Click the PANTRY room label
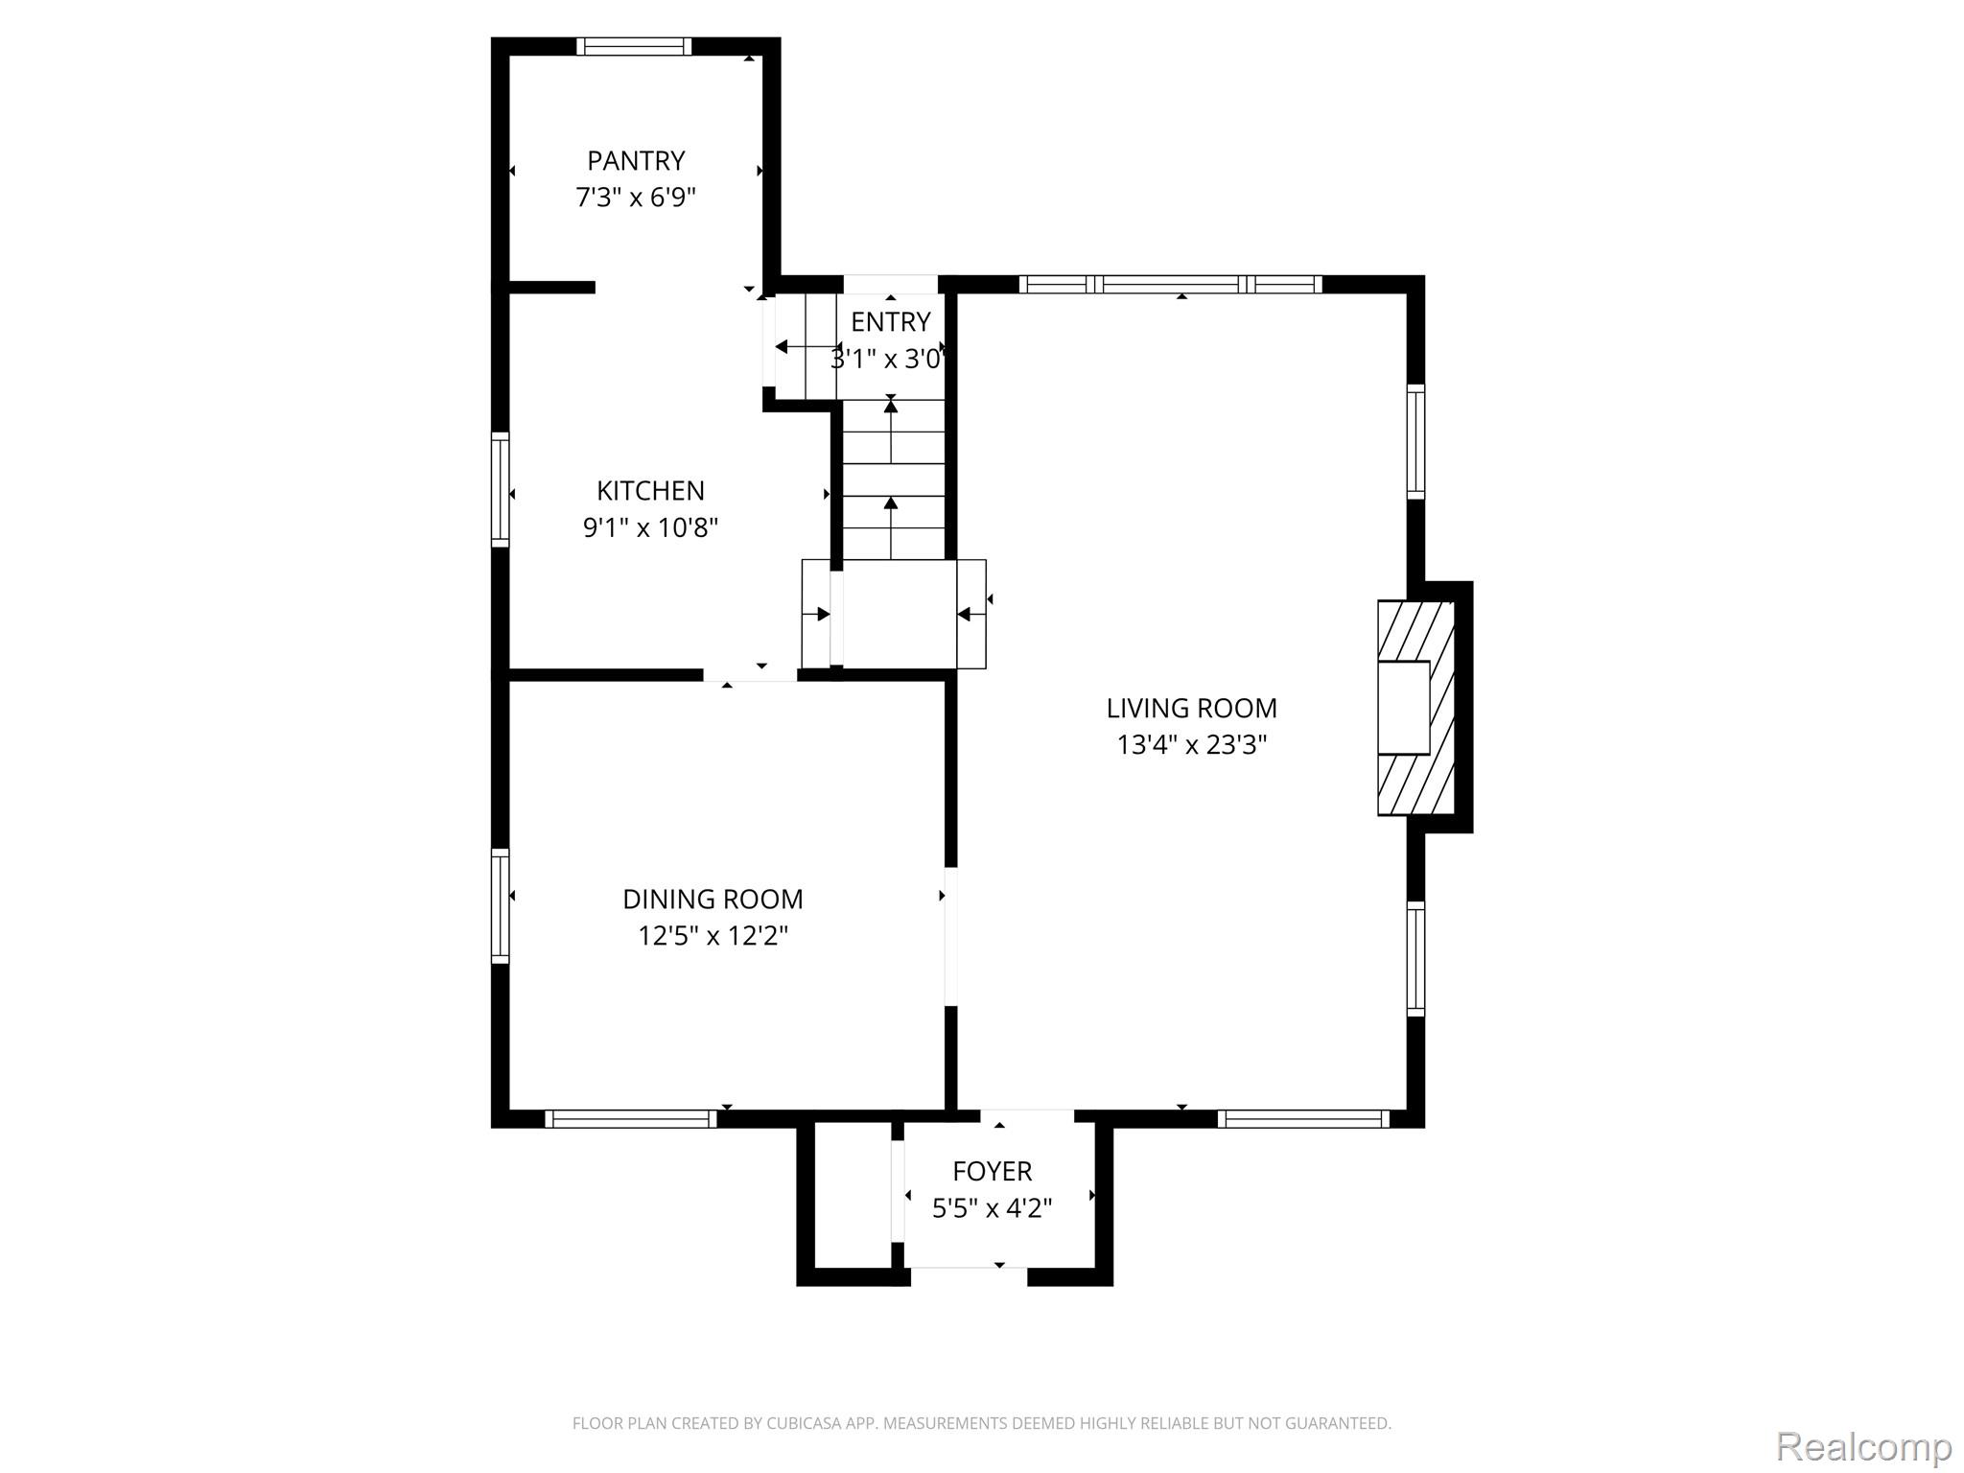click(x=636, y=160)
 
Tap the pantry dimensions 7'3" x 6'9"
click(x=636, y=198)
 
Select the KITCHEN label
click(x=650, y=491)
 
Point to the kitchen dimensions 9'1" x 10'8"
click(x=650, y=527)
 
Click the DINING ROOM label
click(x=713, y=900)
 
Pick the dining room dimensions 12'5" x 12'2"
click(x=713, y=936)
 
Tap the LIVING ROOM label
click(x=1191, y=709)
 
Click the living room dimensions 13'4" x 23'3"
click(x=1191, y=745)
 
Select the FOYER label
click(x=993, y=1171)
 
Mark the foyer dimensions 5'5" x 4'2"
click(x=993, y=1208)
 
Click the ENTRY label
click(x=891, y=321)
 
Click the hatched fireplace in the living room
click(x=1416, y=708)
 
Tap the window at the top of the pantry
click(x=634, y=46)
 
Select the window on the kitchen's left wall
click(x=501, y=490)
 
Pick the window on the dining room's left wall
click(x=501, y=906)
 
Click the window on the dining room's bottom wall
click(x=631, y=1118)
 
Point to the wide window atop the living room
click(x=1170, y=284)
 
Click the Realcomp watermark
click(x=1864, y=1446)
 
